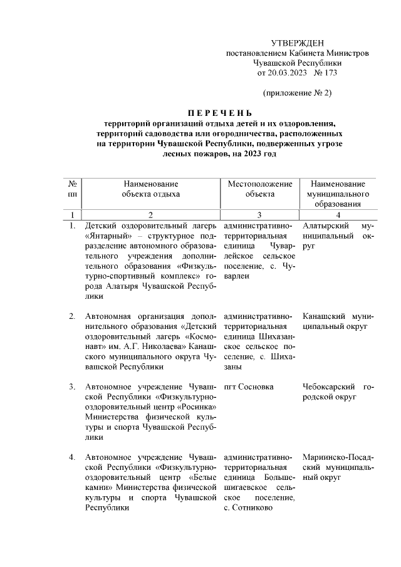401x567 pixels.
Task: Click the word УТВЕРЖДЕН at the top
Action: click(x=297, y=43)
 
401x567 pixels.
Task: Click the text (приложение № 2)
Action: click(x=297, y=93)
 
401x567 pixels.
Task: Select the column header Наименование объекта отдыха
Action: click(x=150, y=189)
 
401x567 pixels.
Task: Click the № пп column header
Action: click(x=73, y=189)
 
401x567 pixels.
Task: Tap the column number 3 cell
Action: click(x=259, y=214)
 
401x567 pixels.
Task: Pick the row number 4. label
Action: click(x=73, y=457)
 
